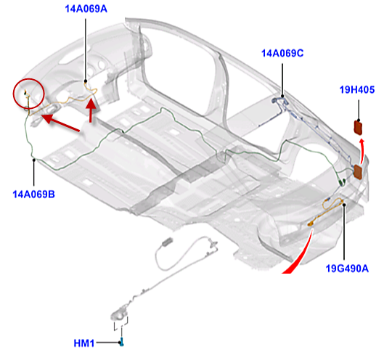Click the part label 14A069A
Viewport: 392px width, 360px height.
(86, 9)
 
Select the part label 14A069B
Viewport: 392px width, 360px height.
(33, 195)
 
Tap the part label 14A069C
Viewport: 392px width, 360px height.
(282, 53)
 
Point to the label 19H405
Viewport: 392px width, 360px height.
(357, 90)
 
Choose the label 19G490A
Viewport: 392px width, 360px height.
(347, 269)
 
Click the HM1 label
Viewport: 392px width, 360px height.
(84, 343)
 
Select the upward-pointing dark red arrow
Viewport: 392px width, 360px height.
(91, 110)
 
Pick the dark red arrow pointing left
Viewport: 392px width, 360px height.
(60, 122)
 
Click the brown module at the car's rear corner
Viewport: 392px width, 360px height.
(358, 172)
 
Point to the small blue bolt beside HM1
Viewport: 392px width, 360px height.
(122, 342)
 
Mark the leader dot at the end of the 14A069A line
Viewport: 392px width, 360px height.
(86, 81)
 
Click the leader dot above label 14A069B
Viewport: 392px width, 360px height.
(33, 160)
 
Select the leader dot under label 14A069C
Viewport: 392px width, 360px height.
(282, 96)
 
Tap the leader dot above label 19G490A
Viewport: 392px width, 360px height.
(344, 205)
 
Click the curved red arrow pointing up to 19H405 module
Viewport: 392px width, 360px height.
(362, 151)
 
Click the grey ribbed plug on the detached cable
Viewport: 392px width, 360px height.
(167, 242)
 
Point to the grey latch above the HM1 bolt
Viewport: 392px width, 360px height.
(120, 314)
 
